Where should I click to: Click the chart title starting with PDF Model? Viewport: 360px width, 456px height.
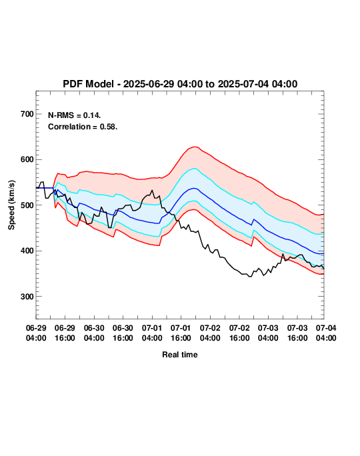[x=180, y=84]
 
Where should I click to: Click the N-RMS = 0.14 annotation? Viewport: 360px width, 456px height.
[x=75, y=115]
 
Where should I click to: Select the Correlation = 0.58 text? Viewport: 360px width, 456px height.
[x=83, y=127]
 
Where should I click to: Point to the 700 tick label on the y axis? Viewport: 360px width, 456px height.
[x=27, y=114]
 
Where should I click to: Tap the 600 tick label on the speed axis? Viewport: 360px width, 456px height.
[x=27, y=159]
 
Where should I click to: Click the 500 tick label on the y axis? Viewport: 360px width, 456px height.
[x=27, y=205]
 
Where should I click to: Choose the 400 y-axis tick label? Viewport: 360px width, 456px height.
[x=27, y=251]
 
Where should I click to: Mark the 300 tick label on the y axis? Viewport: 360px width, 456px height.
[x=27, y=297]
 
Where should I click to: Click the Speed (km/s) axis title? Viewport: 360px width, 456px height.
[x=11, y=205]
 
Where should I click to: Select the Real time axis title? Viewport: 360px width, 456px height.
[x=180, y=355]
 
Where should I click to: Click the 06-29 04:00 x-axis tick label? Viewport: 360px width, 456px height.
[x=36, y=333]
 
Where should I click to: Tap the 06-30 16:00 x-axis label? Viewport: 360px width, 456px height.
[x=123, y=333]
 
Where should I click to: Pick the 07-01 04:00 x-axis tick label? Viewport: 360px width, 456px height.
[x=152, y=333]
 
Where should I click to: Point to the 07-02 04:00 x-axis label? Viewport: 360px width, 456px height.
[x=210, y=333]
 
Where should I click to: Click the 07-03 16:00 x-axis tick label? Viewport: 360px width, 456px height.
[x=297, y=333]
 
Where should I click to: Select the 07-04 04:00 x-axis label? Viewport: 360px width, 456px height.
[x=326, y=333]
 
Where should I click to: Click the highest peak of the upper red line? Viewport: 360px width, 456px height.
[x=195, y=147]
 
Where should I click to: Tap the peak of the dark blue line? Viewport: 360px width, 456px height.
[x=194, y=189]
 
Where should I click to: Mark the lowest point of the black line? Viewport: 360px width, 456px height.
[x=249, y=277]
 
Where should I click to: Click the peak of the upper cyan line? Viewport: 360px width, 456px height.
[x=195, y=169]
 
